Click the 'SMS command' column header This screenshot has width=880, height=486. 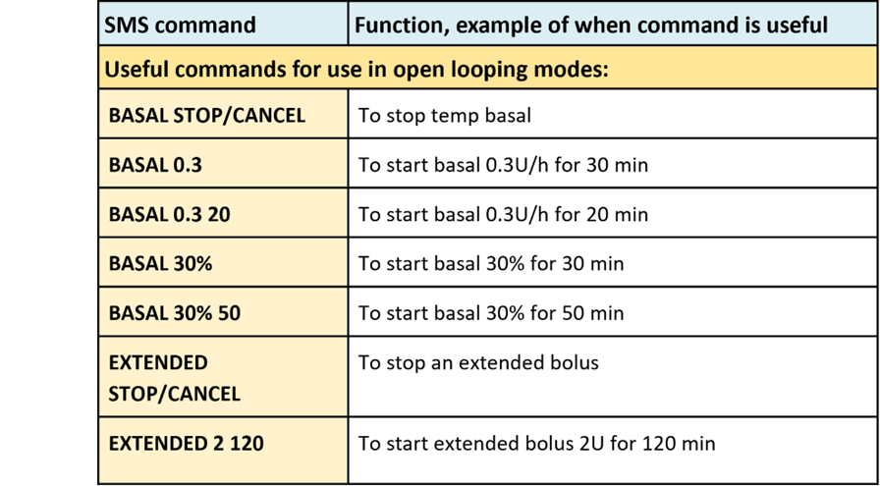point(180,26)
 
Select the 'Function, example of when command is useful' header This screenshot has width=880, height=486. point(591,26)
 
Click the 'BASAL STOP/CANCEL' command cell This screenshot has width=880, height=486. point(207,116)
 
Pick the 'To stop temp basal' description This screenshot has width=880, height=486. point(445,116)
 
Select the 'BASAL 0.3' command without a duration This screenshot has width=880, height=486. point(155,166)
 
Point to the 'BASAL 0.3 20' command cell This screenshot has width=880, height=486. point(170,215)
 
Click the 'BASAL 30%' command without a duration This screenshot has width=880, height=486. point(160,264)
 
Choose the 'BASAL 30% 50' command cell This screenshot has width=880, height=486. point(175,313)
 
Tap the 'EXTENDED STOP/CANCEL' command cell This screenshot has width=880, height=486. point(175,378)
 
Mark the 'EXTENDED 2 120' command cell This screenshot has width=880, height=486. point(187,444)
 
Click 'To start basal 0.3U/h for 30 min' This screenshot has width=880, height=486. point(504,166)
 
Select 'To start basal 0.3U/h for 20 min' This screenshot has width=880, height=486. point(504,214)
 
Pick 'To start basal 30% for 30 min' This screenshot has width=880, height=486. point(491,264)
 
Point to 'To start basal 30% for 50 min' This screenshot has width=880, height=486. point(491,312)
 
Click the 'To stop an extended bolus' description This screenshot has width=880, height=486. point(478,362)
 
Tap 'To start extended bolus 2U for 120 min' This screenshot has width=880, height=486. point(537,444)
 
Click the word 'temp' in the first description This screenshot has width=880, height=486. point(455,117)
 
